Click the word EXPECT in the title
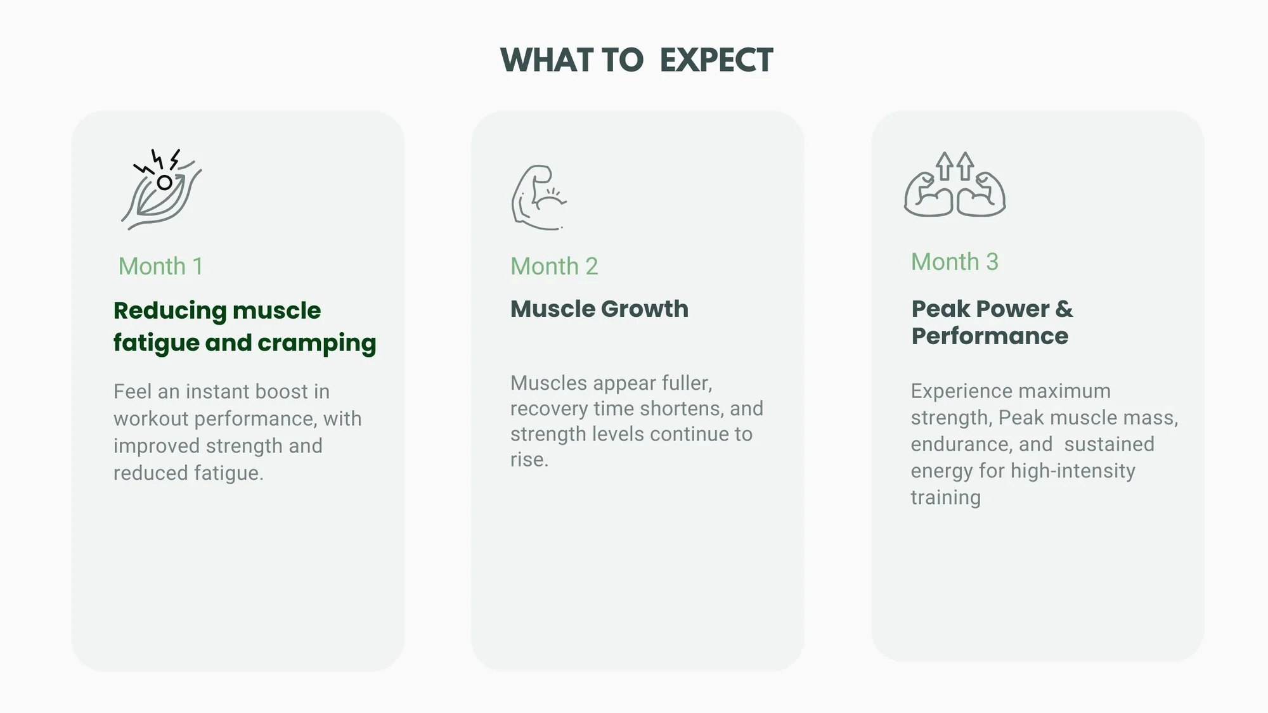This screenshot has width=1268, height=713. pos(716,60)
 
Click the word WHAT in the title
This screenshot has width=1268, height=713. pos(547,60)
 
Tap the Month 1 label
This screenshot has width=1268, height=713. pos(160,266)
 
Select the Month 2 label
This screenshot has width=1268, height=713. pos(554,266)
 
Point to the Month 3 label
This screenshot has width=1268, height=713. pos(955,262)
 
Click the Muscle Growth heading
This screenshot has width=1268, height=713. pos(599,309)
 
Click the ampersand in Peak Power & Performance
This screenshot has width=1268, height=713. pos(1064,309)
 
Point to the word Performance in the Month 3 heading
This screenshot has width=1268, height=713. pos(990,336)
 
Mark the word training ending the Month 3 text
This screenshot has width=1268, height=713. pos(945,498)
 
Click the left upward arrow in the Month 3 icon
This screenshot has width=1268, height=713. pos(945,166)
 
